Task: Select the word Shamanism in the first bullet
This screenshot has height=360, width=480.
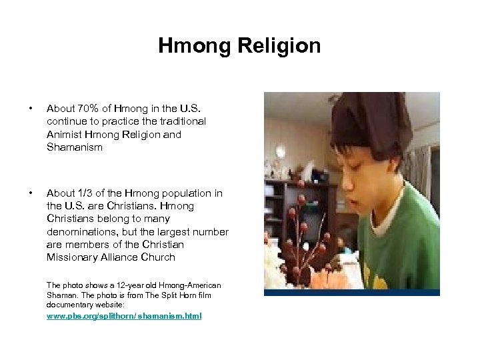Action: pyautogui.click(x=75, y=147)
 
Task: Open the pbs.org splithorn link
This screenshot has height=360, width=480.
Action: pyautogui.click(x=123, y=315)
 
